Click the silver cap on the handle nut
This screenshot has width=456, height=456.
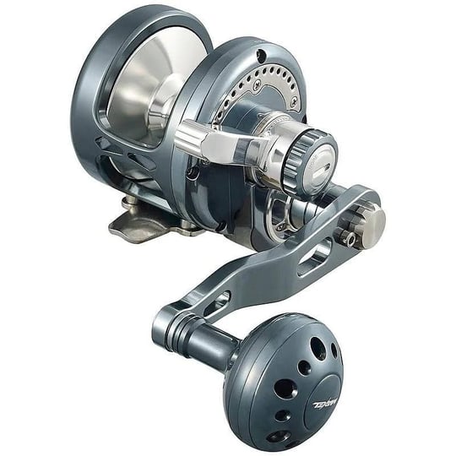pos(370,225)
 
